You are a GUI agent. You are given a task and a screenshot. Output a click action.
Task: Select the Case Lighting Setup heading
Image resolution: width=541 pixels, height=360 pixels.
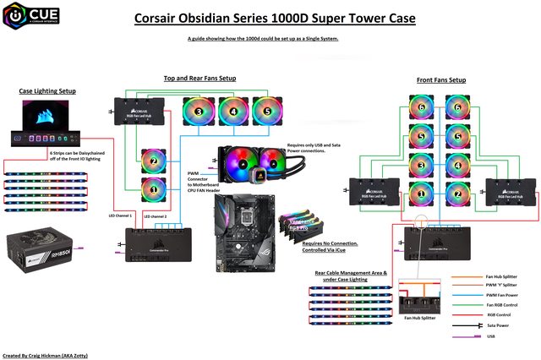(x=51, y=90)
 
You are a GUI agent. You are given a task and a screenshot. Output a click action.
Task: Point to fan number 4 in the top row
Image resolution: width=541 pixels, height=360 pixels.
(x=233, y=110)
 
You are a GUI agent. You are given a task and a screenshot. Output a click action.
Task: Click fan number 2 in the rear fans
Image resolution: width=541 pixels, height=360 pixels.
(x=155, y=160)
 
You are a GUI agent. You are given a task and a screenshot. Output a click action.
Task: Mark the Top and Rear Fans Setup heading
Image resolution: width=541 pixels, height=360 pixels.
(x=200, y=79)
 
